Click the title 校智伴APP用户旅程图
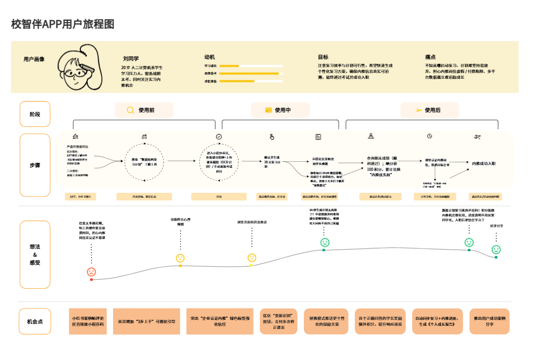[63, 24]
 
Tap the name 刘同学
[131, 58]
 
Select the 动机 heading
[210, 57]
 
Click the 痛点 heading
[430, 57]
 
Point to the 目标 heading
[323, 57]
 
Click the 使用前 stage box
[144, 110]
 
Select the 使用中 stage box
[280, 110]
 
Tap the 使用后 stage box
[429, 110]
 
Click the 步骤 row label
[35, 165]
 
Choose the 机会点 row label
[35, 321]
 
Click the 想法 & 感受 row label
[35, 254]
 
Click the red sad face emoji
[92, 272]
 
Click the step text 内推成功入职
[483, 163]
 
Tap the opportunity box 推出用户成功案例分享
[489, 321]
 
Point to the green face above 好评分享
[496, 250]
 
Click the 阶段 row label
[35, 114]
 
